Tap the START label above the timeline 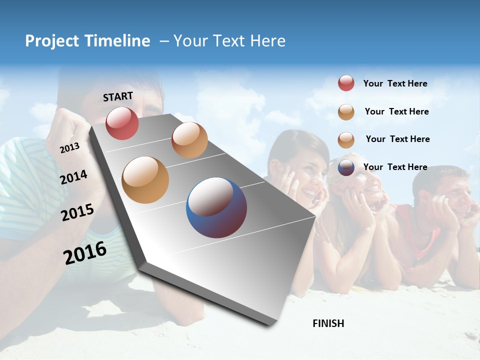(118, 96)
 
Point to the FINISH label (328, 323)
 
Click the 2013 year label (69, 148)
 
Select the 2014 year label (73, 177)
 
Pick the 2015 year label (77, 212)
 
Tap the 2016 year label (85, 252)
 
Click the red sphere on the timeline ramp (122, 123)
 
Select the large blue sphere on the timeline (216, 207)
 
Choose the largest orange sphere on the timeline (145, 180)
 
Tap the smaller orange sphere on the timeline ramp (189, 140)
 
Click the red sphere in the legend (346, 83)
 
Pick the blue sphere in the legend (346, 167)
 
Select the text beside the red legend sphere (395, 83)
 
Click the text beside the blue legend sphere (395, 167)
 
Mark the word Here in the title (267, 41)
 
